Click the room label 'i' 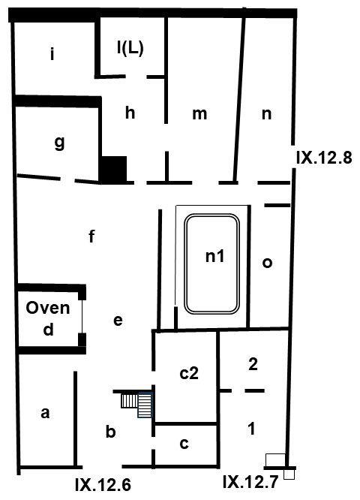[52, 54]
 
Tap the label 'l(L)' [130, 46]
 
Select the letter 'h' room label [130, 113]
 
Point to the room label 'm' [199, 113]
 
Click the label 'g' [58, 145]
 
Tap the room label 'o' [267, 262]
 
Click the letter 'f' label [91, 237]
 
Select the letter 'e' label [117, 321]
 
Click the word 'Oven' [48, 308]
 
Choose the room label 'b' [110, 432]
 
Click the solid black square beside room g [114, 169]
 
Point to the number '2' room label [253, 365]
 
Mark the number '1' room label [251, 429]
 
